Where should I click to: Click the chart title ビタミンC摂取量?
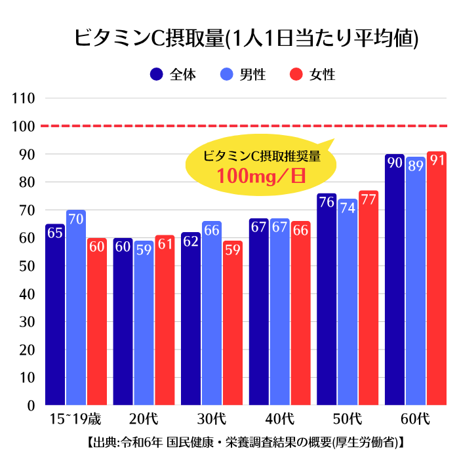(x=150, y=38)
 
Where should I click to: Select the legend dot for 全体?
(x=156, y=74)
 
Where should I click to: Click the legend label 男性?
(x=252, y=74)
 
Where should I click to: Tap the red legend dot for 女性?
(x=296, y=74)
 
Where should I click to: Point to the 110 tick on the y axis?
(x=24, y=98)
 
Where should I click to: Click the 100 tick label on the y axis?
(x=24, y=126)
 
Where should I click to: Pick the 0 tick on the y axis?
(x=31, y=406)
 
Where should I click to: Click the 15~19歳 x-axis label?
(x=75, y=419)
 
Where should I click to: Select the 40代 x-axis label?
(x=279, y=419)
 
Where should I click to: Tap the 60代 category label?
(x=415, y=419)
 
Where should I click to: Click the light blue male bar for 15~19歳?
(x=76, y=308)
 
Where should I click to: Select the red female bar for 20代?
(x=165, y=320)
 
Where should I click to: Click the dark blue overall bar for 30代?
(x=191, y=319)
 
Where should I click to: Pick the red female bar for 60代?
(x=437, y=278)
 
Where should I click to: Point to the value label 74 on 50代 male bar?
(x=348, y=208)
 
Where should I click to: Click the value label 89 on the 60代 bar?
(x=416, y=166)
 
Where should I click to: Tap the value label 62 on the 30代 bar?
(x=191, y=241)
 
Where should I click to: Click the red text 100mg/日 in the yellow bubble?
(x=261, y=176)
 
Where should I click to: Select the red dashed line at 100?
(x=244, y=126)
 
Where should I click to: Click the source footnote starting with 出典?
(x=246, y=443)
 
